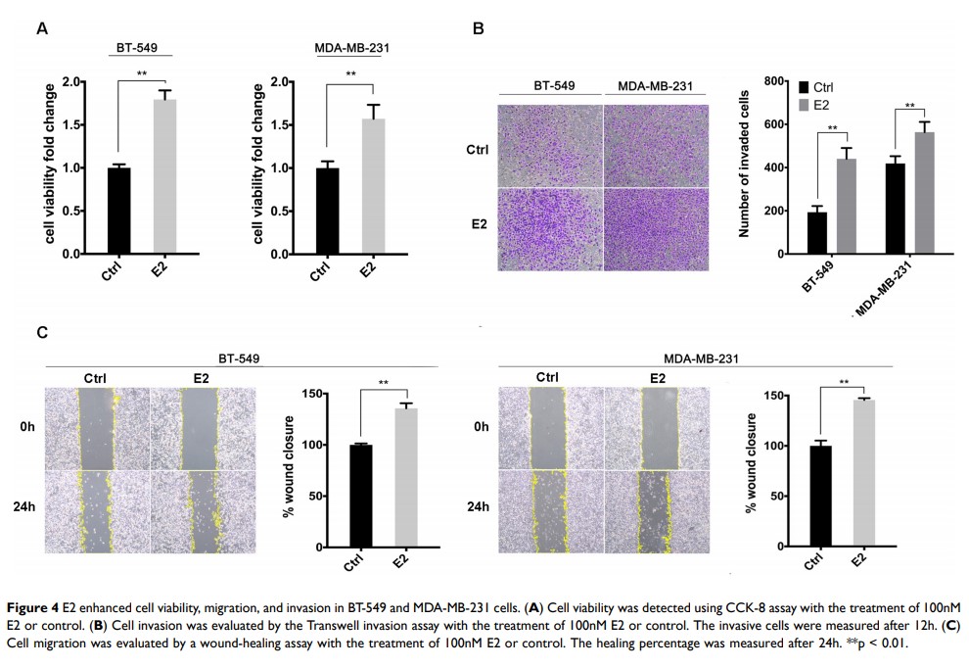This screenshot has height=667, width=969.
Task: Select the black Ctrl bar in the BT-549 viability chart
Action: [x=119, y=211]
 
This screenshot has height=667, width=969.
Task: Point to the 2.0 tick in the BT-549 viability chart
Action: [x=71, y=82]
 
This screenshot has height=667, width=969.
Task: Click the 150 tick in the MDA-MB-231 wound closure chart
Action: [x=789, y=396]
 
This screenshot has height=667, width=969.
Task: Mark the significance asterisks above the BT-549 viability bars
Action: [x=142, y=73]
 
